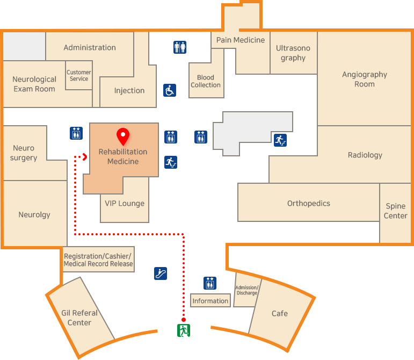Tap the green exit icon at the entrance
(184, 330)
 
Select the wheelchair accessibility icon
(170, 90)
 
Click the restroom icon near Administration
(180, 47)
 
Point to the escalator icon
(160, 273)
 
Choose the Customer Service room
(79, 76)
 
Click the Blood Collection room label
(206, 81)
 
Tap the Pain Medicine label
(241, 40)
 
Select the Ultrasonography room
(293, 53)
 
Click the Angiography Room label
(365, 79)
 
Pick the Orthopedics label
(309, 203)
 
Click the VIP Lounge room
(125, 203)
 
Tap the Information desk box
(210, 301)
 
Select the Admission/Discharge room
(247, 290)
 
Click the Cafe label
(279, 313)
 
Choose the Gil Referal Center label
(79, 318)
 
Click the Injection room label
(129, 90)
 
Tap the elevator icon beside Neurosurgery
(76, 133)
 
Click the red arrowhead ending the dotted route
(84, 157)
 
